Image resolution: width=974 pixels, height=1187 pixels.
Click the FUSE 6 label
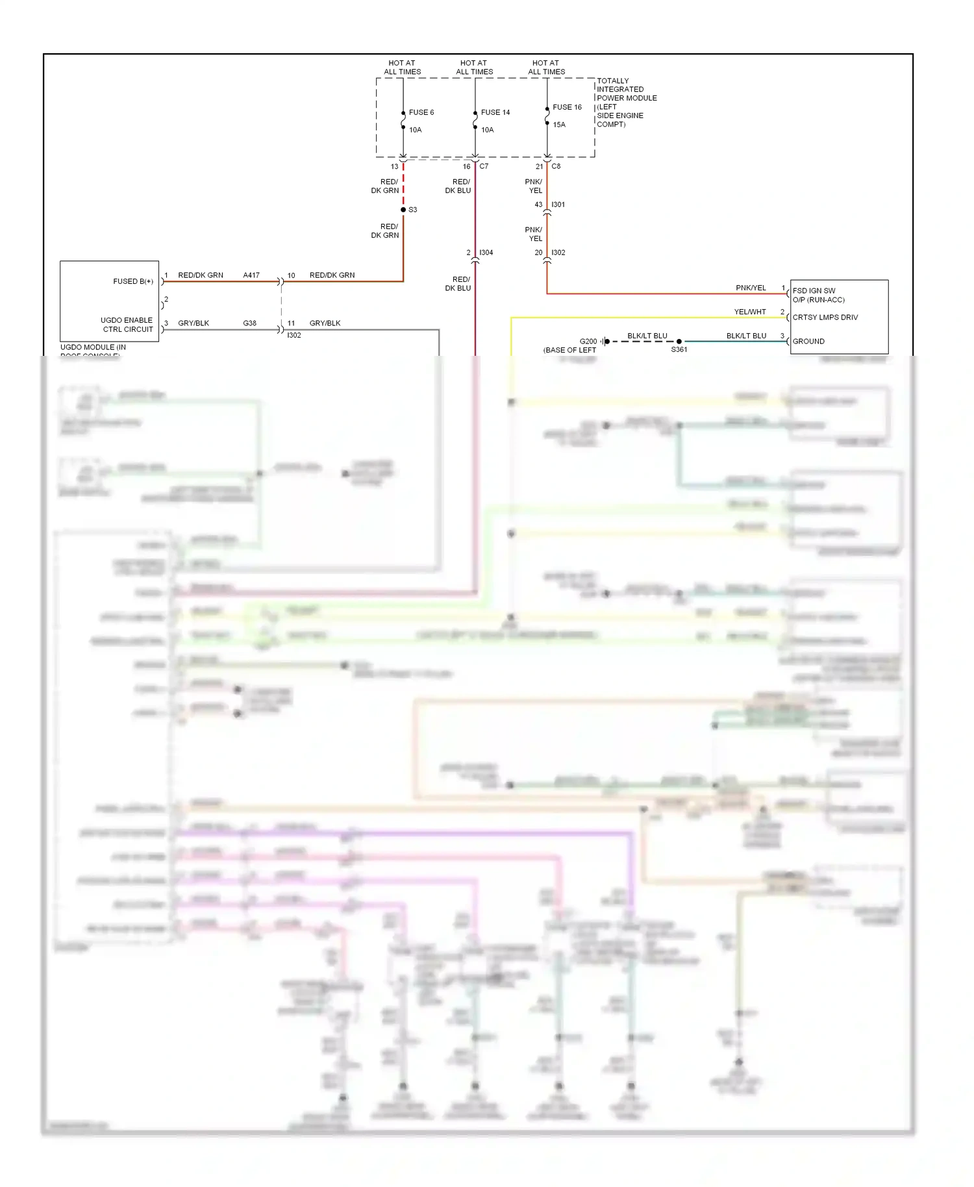click(421, 112)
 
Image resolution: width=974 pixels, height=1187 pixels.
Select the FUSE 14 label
click(495, 112)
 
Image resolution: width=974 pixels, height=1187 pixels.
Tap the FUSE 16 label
click(567, 107)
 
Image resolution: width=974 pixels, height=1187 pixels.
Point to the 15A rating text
click(559, 125)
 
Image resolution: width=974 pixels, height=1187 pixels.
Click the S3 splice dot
click(403, 210)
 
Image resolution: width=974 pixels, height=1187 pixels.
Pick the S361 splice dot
click(679, 342)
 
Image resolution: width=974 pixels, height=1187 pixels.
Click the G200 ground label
click(588, 342)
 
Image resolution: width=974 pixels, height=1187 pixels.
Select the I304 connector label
click(486, 253)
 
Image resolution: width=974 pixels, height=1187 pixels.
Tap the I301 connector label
click(558, 205)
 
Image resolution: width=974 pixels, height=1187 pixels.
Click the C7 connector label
click(484, 166)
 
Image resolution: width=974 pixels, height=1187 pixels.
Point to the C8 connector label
click(556, 166)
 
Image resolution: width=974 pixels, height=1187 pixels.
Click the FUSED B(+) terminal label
click(133, 281)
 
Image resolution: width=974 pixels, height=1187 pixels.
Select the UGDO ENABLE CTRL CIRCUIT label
click(127, 325)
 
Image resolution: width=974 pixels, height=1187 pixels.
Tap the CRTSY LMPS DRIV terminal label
click(825, 318)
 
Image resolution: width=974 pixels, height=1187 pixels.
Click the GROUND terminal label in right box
click(808, 342)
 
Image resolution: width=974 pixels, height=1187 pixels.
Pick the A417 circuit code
click(251, 275)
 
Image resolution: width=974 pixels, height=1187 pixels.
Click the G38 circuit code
click(249, 323)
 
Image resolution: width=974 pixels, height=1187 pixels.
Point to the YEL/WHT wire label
click(750, 312)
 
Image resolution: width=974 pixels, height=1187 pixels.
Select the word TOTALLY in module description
click(612, 81)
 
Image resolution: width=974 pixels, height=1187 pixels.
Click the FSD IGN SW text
click(814, 291)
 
